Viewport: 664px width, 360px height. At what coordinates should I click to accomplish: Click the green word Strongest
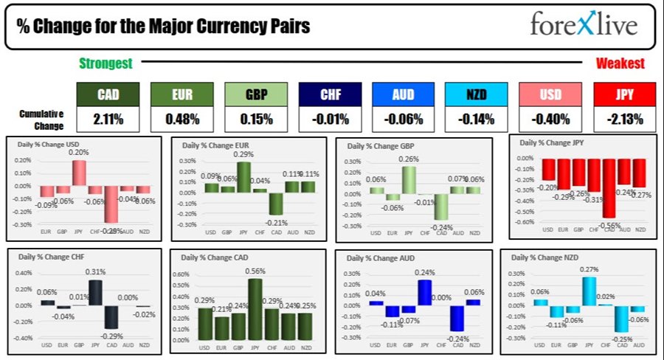[106, 63]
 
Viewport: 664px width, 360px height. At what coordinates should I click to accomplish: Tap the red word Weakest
[620, 63]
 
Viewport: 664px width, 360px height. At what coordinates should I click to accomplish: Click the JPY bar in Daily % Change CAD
[255, 308]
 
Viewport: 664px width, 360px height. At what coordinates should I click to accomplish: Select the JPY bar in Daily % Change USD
[79, 172]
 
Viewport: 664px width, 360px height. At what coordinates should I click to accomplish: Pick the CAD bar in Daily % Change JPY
[609, 187]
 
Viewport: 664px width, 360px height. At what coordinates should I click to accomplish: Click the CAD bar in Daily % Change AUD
[457, 318]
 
